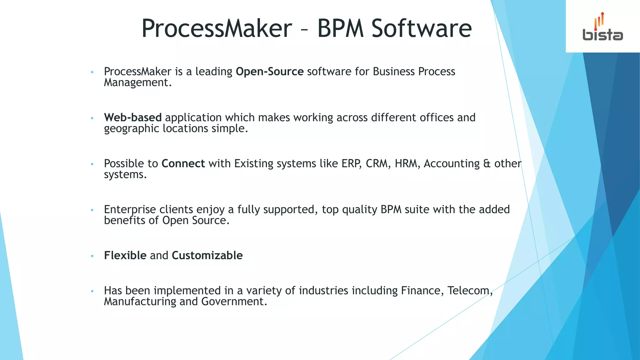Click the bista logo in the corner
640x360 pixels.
[x=602, y=27]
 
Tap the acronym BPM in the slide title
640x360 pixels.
[x=341, y=28]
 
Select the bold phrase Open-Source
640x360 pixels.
[x=270, y=72]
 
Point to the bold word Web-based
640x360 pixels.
[x=133, y=117]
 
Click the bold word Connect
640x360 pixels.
[x=183, y=163]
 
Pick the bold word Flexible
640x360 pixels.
[x=125, y=255]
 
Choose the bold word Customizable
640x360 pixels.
[x=207, y=255]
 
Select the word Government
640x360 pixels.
[x=234, y=302]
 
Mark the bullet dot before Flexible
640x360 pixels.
[x=92, y=256]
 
